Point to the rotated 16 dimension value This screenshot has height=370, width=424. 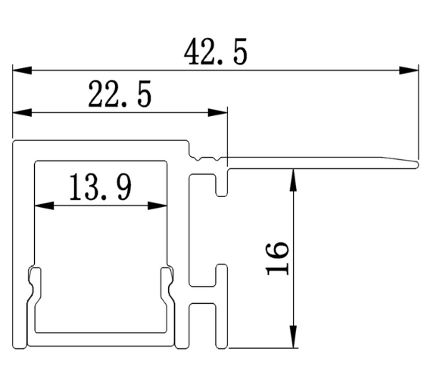point(277,258)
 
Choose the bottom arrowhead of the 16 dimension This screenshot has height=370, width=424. point(291,341)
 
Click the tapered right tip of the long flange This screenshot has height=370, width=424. point(415,162)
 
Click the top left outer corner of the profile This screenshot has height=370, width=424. point(14,141)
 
